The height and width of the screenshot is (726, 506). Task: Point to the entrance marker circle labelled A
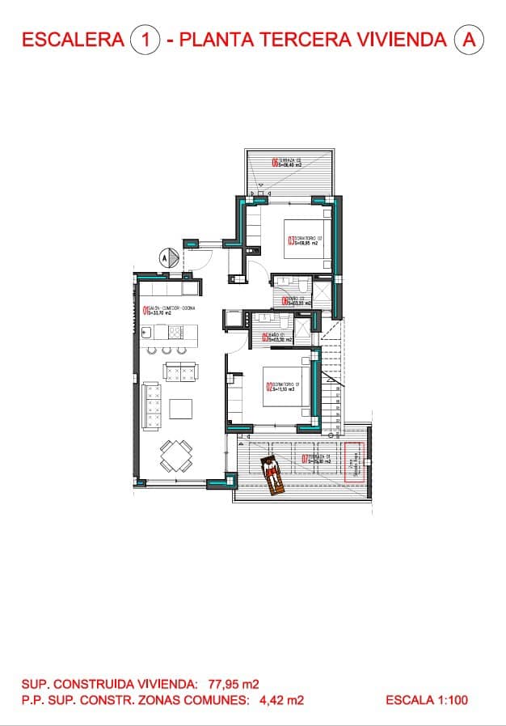165,257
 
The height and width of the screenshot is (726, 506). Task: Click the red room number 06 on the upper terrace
275,163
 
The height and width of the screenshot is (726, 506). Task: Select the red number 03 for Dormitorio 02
291,240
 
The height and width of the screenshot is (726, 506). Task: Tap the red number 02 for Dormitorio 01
269,387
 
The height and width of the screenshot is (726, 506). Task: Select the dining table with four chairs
175,455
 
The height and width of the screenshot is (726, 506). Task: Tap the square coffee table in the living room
180,407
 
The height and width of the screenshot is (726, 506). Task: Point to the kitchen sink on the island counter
148,331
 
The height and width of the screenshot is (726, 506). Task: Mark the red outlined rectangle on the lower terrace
354,463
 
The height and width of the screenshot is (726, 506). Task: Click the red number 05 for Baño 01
264,338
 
